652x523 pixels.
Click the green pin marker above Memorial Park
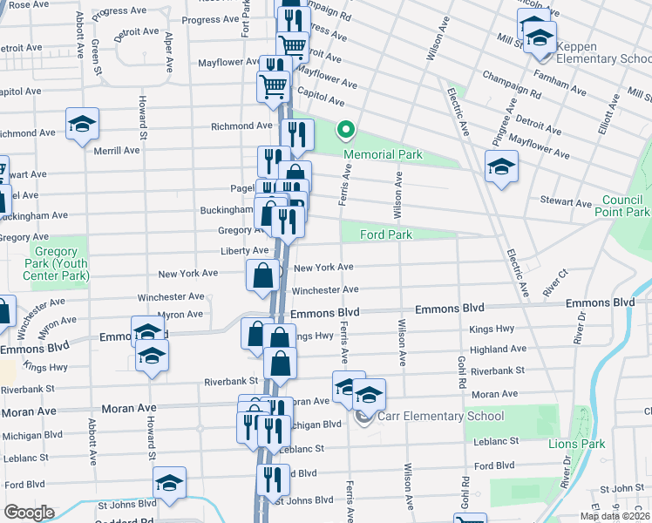click(346, 132)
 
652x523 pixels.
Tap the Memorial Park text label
click(383, 155)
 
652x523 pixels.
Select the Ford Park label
click(384, 234)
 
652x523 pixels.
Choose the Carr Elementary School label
click(431, 416)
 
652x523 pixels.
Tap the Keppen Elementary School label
click(603, 52)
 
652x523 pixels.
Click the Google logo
click(29, 512)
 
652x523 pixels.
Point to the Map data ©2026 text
click(615, 516)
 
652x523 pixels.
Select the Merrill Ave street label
click(118, 150)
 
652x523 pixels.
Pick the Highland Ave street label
click(498, 349)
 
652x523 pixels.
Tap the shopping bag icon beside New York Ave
click(263, 276)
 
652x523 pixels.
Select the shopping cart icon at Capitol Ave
click(274, 86)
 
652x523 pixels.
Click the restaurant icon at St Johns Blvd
click(273, 479)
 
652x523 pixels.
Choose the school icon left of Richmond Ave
click(82, 123)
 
